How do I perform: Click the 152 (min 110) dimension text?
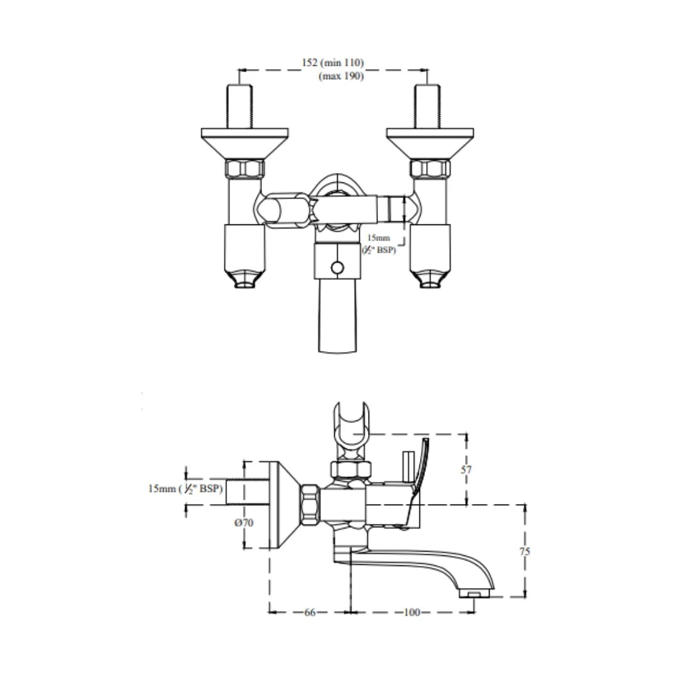[x=332, y=63]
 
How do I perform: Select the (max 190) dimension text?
[x=342, y=76]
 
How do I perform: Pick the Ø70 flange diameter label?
[x=244, y=523]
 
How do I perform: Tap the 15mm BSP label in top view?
[x=380, y=244]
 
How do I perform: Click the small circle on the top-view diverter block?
[x=337, y=268]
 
